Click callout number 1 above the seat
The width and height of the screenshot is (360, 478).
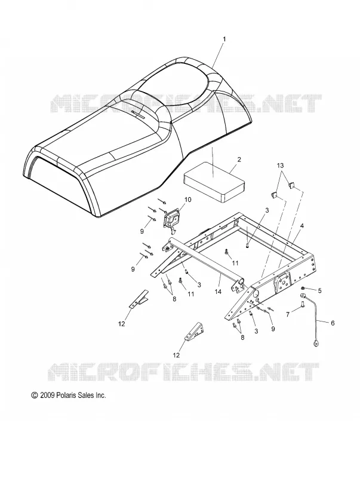click(224, 39)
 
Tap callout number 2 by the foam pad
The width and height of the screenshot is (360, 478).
click(239, 160)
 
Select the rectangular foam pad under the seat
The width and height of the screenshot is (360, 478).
click(214, 182)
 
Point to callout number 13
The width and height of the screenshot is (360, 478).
click(280, 166)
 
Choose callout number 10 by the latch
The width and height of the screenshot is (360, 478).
click(187, 200)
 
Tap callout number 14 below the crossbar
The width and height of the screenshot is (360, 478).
click(218, 292)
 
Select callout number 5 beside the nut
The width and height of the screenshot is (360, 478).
click(319, 291)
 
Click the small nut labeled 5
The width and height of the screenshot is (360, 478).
click(303, 288)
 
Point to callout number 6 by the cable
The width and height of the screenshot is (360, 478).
click(333, 323)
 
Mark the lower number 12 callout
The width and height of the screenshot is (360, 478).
click(176, 355)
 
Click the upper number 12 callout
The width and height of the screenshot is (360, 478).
click(122, 324)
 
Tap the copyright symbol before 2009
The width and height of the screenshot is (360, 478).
click(35, 396)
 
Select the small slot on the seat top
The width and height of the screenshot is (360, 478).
click(139, 115)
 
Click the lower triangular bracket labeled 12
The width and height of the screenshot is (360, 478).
click(194, 331)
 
